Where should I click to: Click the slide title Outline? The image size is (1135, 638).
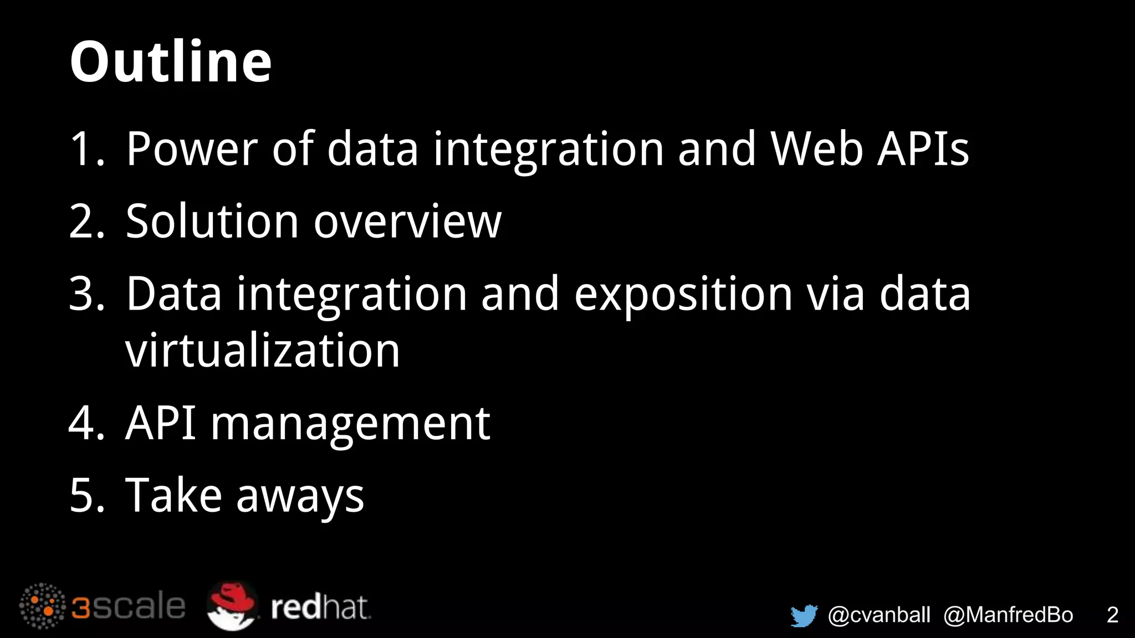point(171,62)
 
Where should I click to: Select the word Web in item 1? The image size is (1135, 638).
point(817,149)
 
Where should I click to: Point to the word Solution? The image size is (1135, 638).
point(213,222)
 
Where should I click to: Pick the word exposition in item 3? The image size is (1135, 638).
point(683,294)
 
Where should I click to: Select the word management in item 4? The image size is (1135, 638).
point(350,424)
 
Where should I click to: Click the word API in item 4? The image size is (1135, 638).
point(161,424)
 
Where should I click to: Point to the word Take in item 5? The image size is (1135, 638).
point(174,495)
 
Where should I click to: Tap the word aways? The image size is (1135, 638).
point(300,496)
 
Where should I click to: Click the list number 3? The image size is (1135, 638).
point(86,294)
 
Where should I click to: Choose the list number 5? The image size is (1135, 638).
point(86,495)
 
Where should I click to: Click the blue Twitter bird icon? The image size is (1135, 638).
point(804,615)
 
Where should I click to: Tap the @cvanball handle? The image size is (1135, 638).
point(879,615)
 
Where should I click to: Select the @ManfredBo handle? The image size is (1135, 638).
point(1008,615)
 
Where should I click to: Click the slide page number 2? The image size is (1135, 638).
point(1112,615)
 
